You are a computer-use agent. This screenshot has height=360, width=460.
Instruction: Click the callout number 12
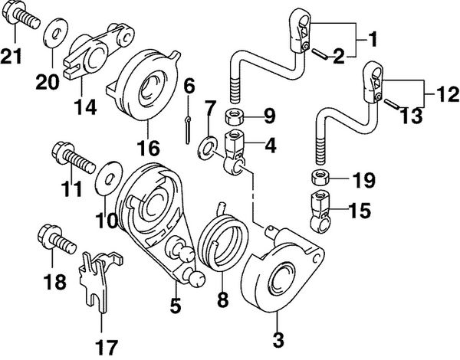pos(443,97)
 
